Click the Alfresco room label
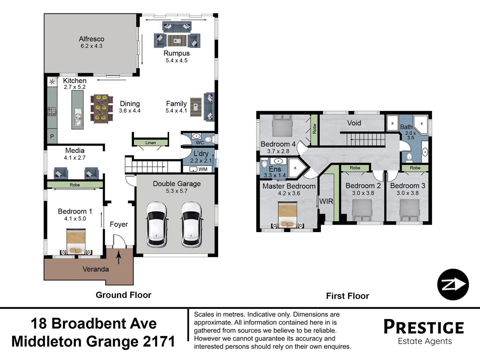pyautogui.click(x=91, y=39)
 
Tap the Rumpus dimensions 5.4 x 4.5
pyautogui.click(x=176, y=61)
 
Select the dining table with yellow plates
pyautogui.click(x=102, y=108)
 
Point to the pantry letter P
pyautogui.click(x=52, y=136)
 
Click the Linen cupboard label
pyautogui.click(x=150, y=143)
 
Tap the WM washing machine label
pyautogui.click(x=203, y=169)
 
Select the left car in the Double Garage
pyautogui.click(x=157, y=224)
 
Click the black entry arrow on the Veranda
pyautogui.click(x=119, y=257)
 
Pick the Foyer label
pyautogui.click(x=119, y=224)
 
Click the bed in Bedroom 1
pyautogui.click(x=76, y=242)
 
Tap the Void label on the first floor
pyautogui.click(x=354, y=123)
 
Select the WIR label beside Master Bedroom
pyautogui.click(x=326, y=201)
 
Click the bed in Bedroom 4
pyautogui.click(x=282, y=126)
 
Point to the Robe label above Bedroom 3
pyautogui.click(x=415, y=168)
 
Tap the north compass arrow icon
pyautogui.click(x=453, y=284)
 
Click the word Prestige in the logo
pyautogui.click(x=424, y=327)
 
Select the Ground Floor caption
pyautogui.click(x=123, y=295)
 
